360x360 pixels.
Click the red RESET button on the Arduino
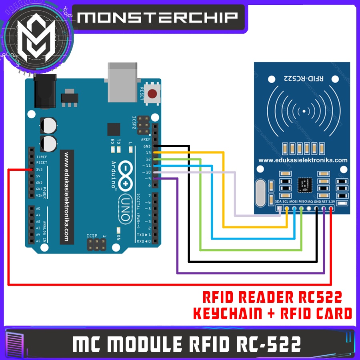(152, 94)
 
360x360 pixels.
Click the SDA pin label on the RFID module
(278, 201)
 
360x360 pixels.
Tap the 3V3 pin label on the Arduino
(39, 169)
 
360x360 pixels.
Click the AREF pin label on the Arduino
(146, 139)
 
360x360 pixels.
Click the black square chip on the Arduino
(114, 129)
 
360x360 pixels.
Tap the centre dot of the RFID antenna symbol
(304, 111)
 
